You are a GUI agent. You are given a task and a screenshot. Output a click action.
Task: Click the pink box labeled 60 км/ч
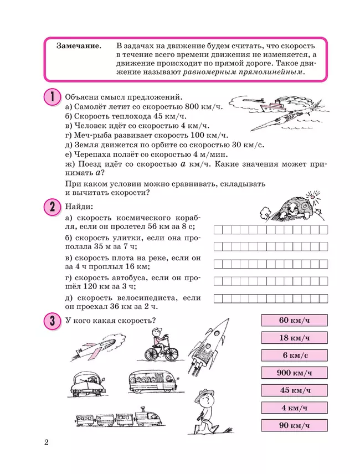coord(294,320)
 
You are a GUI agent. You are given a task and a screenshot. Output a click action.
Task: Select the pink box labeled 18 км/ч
coord(294,338)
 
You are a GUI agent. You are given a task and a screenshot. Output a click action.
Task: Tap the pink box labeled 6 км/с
coord(294,355)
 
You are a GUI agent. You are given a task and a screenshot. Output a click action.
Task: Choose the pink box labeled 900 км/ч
coord(294,373)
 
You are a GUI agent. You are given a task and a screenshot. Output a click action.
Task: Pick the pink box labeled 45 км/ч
coord(294,390)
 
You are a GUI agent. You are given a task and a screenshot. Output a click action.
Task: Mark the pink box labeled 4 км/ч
coord(294,408)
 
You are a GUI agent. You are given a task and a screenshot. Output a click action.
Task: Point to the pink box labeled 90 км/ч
coord(294,426)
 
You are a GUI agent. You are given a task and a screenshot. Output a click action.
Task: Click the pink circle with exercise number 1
coord(51,97)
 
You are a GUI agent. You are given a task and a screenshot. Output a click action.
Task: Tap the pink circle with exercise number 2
coord(51,208)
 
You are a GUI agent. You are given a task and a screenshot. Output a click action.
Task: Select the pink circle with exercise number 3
coord(51,321)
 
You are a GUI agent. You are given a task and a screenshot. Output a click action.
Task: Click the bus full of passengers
coord(150,382)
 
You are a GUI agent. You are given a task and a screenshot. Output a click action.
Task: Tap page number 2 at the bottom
coord(47,443)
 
